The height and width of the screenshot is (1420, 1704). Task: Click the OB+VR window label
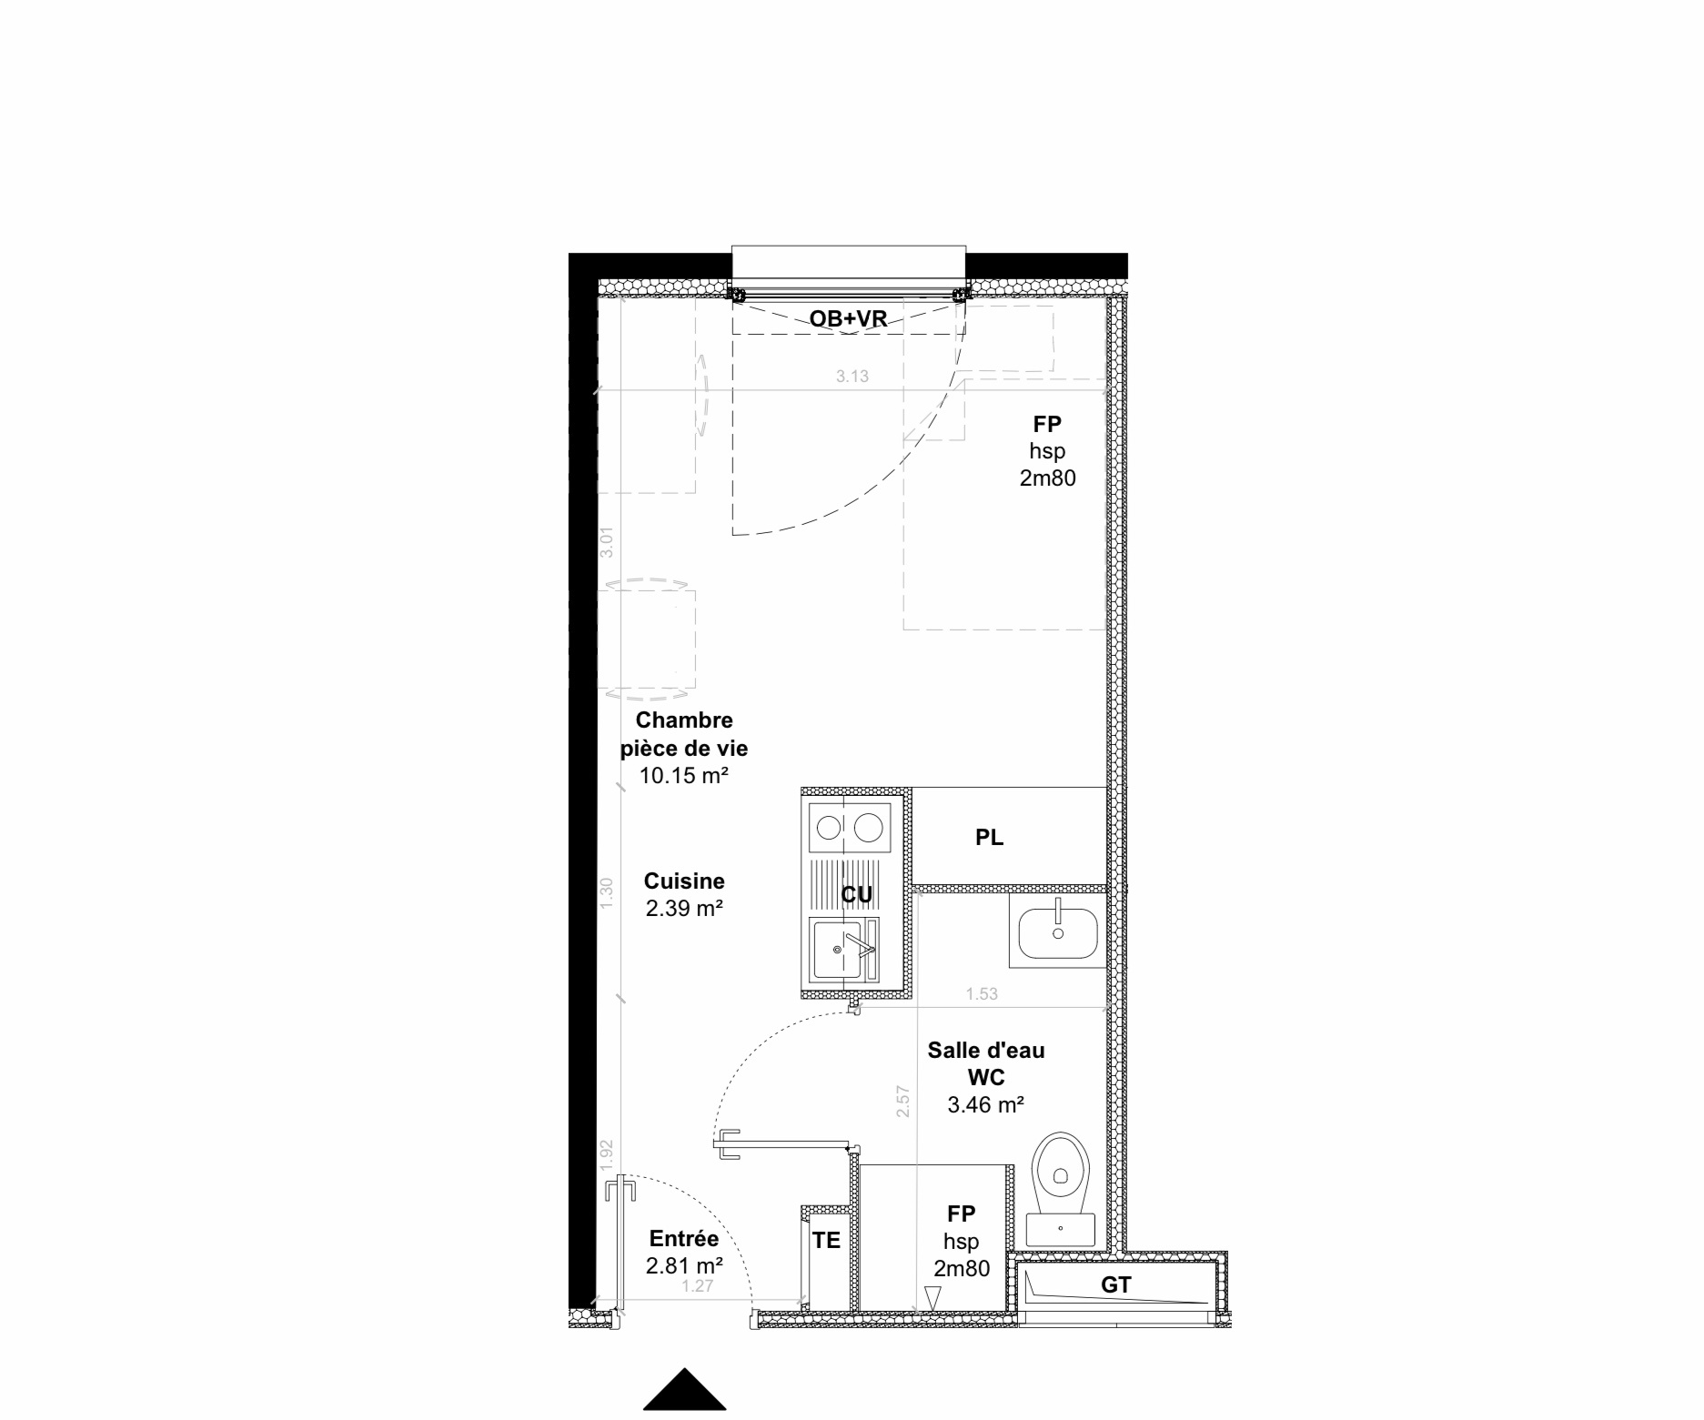(848, 317)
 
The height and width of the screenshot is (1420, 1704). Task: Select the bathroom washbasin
(1057, 932)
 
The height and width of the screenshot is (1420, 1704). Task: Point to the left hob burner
(828, 828)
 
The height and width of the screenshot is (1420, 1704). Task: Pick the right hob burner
(867, 828)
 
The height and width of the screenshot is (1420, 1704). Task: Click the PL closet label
(989, 838)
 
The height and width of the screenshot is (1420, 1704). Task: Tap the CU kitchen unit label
(856, 895)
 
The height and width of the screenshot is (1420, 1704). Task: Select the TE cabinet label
(826, 1241)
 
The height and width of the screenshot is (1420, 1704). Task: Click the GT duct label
(1116, 1284)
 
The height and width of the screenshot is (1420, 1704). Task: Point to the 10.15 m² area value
(684, 776)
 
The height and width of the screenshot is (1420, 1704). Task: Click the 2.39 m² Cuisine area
(684, 908)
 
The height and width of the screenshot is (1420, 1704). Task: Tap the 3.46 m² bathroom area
(986, 1105)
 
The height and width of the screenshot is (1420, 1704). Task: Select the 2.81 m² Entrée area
(684, 1265)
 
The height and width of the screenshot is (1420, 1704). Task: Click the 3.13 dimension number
(852, 377)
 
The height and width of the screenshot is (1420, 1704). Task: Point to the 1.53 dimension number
(982, 994)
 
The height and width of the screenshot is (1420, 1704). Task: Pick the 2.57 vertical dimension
(903, 1102)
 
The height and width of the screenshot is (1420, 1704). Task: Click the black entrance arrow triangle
(684, 1389)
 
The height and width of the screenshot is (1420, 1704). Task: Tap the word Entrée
(684, 1239)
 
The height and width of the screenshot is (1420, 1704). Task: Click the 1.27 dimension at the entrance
(697, 1286)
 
